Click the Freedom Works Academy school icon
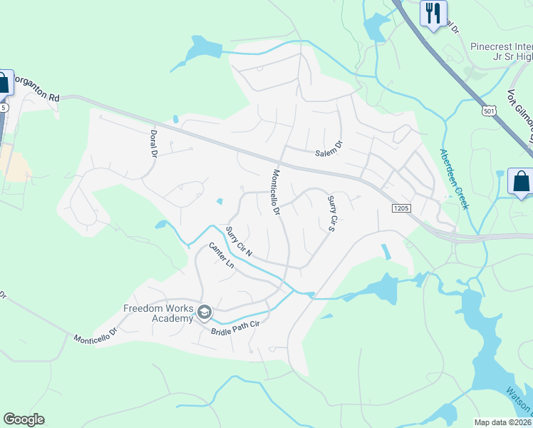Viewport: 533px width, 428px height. (205, 312)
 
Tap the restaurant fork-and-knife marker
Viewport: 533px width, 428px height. (433, 13)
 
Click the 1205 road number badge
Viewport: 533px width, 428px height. (400, 208)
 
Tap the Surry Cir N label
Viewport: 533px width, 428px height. (239, 241)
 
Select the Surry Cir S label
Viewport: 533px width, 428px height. (331, 213)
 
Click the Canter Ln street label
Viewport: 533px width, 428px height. (221, 255)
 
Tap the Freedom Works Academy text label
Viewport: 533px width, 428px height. (158, 313)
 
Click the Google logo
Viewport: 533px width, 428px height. (24, 419)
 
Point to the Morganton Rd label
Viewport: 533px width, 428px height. (36, 84)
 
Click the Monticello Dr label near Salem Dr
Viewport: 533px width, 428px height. (276, 192)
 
